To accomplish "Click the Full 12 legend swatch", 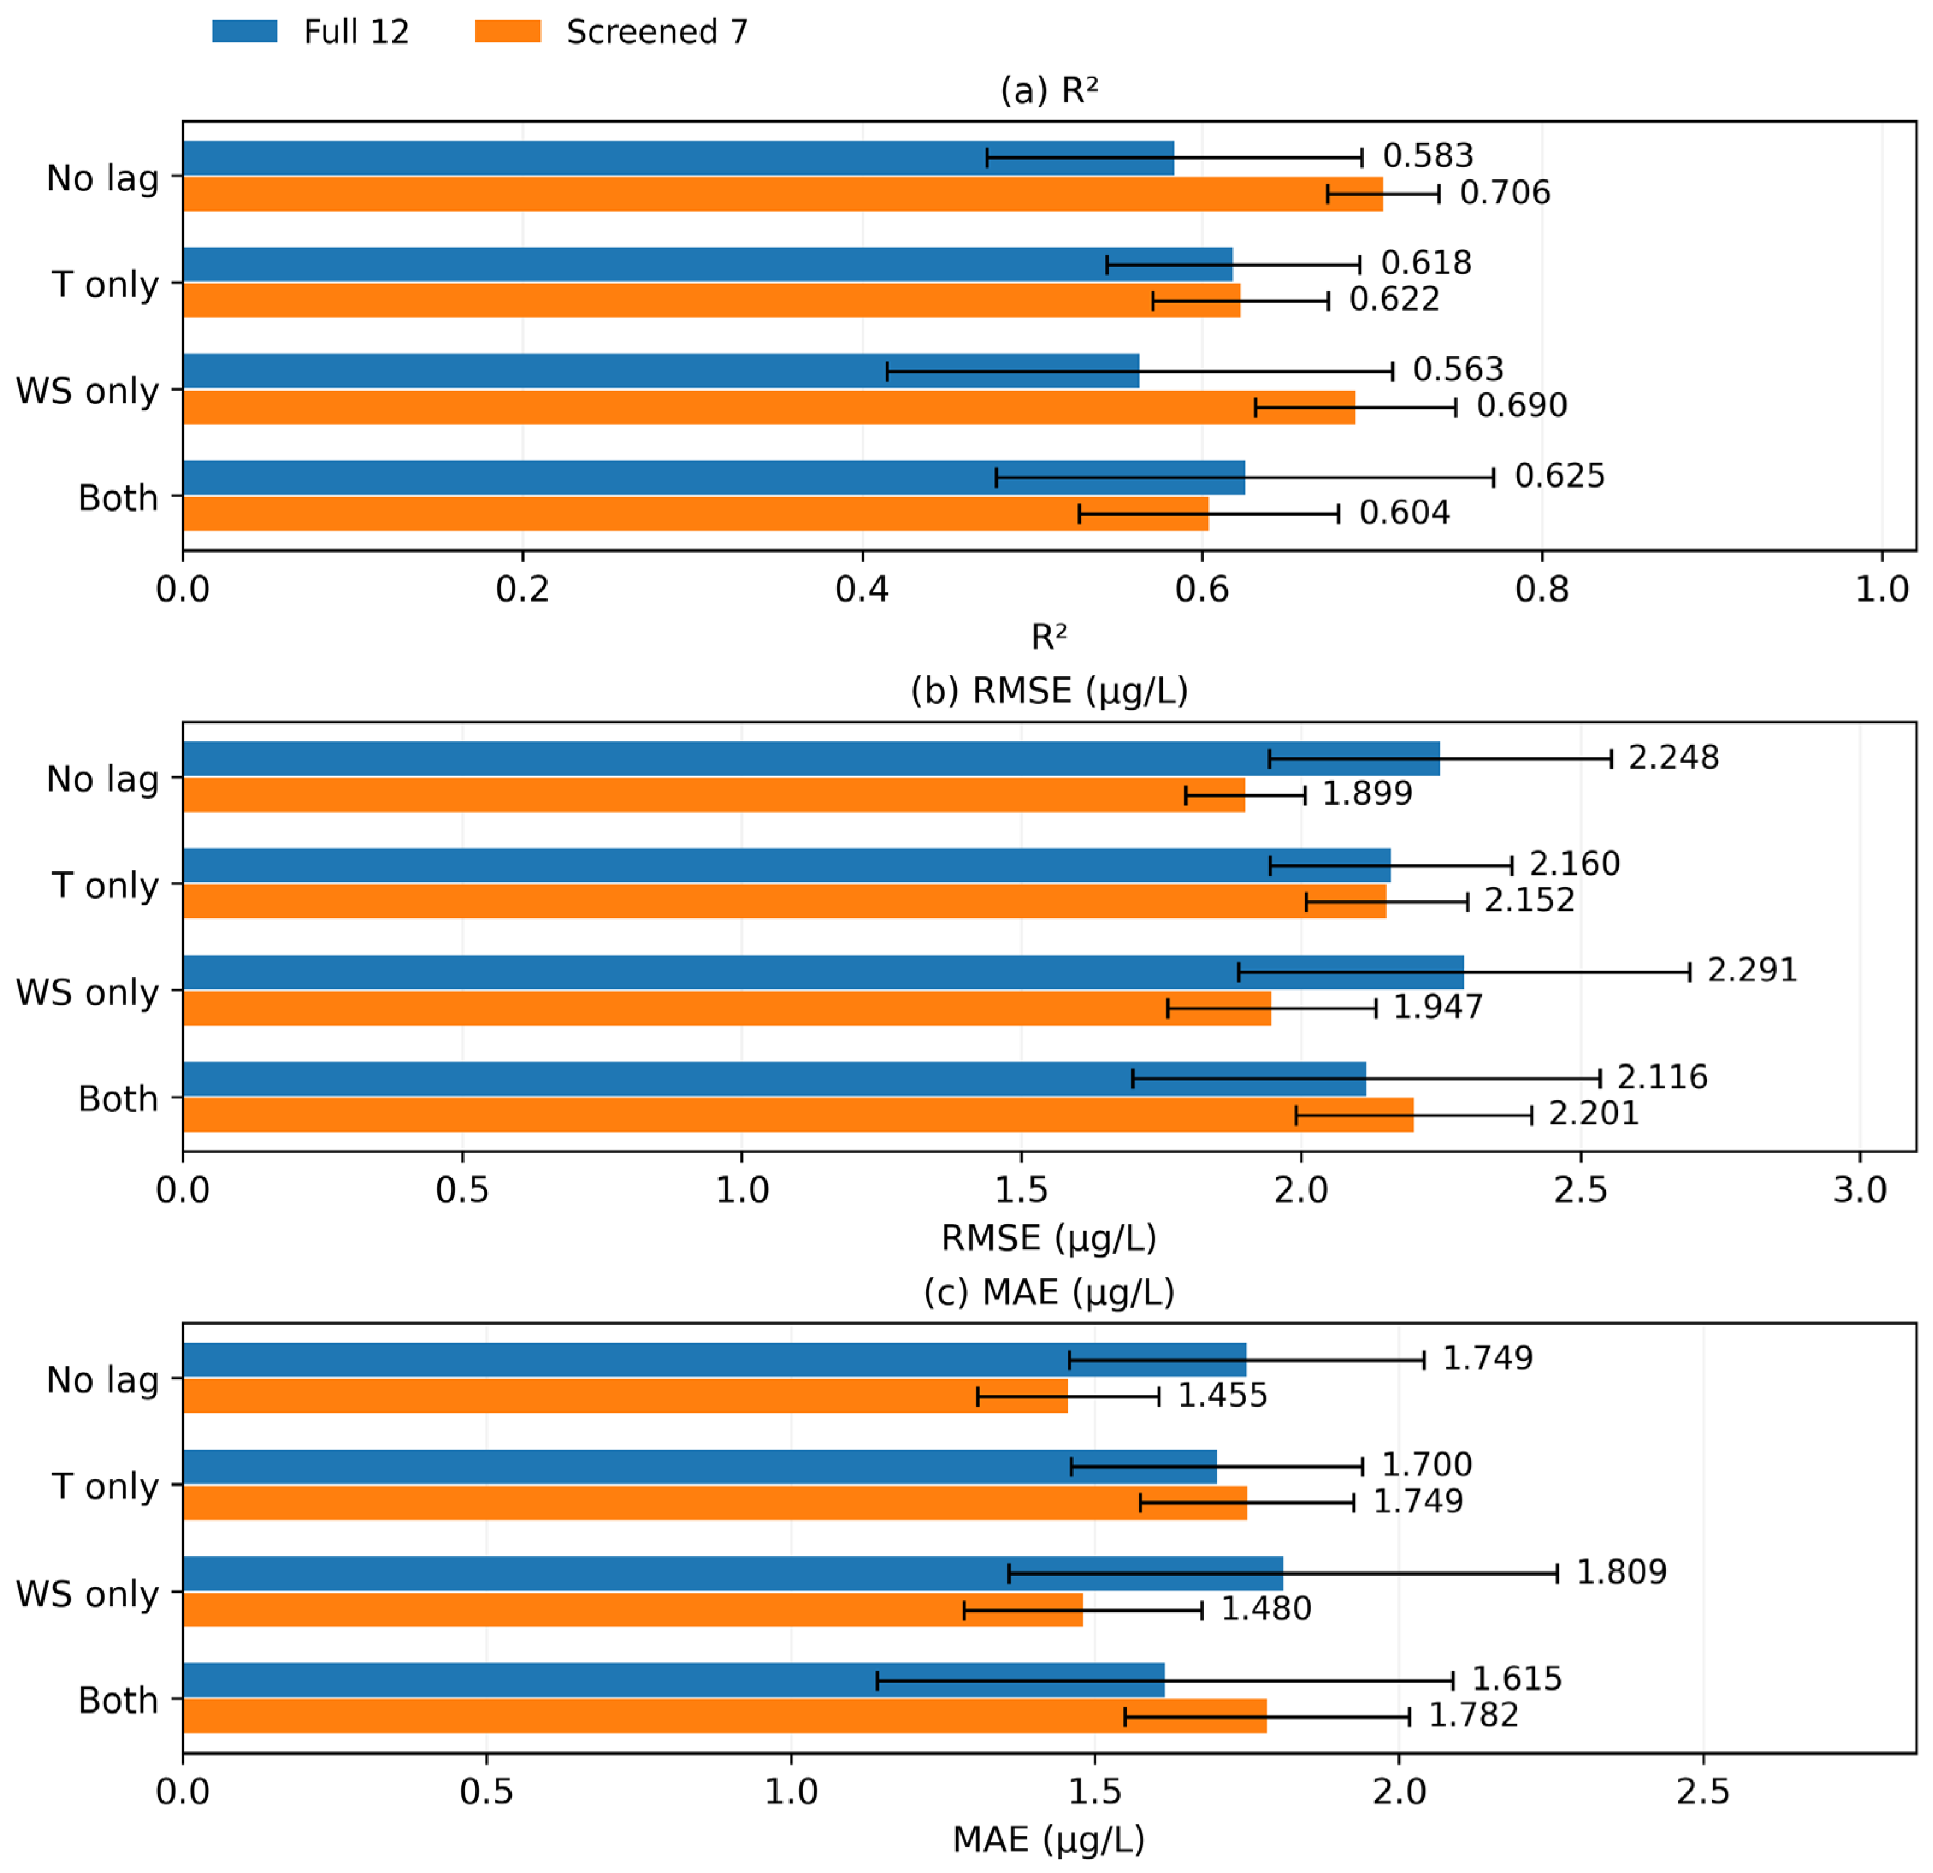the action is click(x=244, y=31).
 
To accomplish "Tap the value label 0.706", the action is click(x=1505, y=193).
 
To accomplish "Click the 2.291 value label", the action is click(x=1752, y=971).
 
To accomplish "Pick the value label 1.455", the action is click(x=1223, y=1396).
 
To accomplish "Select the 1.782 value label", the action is click(x=1473, y=1715).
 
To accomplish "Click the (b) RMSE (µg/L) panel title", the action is click(x=1050, y=692).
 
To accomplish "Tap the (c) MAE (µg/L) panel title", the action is click(x=1050, y=1292).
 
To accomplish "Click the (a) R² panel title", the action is click(x=1050, y=91).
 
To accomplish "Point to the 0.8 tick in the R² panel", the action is click(x=1542, y=590).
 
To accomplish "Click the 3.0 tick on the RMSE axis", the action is click(x=1860, y=1190).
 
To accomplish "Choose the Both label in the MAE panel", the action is click(x=119, y=1700).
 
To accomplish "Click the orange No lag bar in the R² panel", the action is click(x=783, y=194).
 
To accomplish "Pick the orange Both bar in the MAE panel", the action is click(x=725, y=1716).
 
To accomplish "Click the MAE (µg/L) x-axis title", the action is click(x=1050, y=1840).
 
